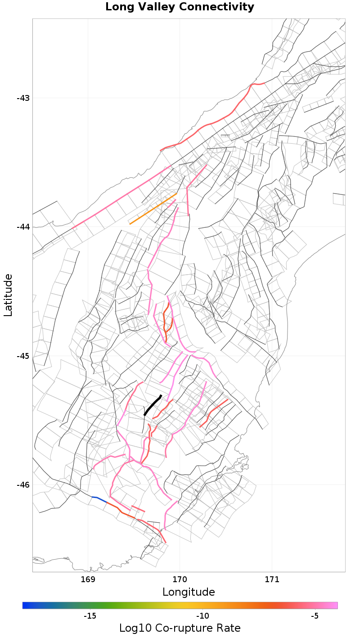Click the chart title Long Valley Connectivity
point(180,7)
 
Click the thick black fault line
point(153,405)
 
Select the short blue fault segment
point(99,499)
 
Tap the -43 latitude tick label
point(22,98)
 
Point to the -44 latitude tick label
point(22,227)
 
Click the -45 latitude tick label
point(22,356)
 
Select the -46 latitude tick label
point(22,485)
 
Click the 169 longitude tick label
point(88,579)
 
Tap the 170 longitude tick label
point(180,579)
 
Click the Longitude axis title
point(189,592)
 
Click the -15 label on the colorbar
point(90,615)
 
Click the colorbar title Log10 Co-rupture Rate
point(180,628)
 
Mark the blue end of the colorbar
point(25,605)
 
